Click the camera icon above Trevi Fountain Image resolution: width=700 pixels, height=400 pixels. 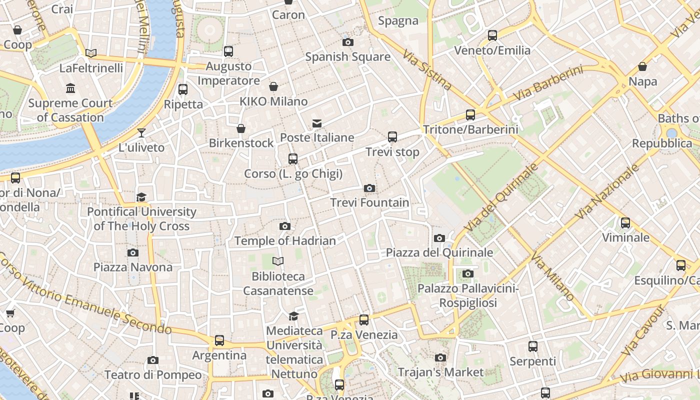point(369,188)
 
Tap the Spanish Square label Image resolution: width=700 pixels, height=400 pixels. point(347,56)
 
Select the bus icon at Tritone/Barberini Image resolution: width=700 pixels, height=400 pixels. point(470,115)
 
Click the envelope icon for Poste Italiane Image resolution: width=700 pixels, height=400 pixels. point(316,123)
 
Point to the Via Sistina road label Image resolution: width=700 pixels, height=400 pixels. point(427,69)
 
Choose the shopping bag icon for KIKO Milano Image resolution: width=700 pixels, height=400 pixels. point(273,86)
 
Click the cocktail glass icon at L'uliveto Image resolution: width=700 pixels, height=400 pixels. point(141,132)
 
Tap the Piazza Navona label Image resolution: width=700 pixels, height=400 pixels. point(133,267)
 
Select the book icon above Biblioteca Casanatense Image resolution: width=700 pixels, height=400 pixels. point(278,261)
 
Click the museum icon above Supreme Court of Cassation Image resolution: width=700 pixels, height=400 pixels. point(70,88)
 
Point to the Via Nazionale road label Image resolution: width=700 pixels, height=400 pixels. point(607,192)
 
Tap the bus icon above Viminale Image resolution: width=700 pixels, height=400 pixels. point(625,222)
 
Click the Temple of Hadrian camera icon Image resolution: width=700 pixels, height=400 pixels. point(285,226)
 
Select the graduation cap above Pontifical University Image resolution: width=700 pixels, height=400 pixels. point(141,197)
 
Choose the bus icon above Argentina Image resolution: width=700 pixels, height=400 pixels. point(219,340)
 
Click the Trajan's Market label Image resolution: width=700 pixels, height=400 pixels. point(440,372)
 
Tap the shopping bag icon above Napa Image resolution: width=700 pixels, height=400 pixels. point(642,66)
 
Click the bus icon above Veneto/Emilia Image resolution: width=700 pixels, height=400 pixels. point(492,35)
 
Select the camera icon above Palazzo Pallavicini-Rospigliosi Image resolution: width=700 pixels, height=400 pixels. point(468,273)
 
